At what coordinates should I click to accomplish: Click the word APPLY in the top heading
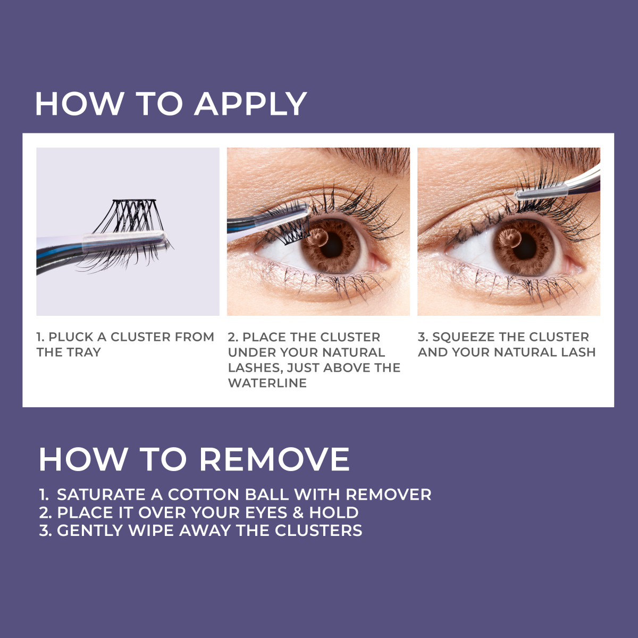[250, 104]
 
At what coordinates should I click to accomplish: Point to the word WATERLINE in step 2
[267, 383]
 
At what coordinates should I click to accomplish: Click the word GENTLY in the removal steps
[89, 530]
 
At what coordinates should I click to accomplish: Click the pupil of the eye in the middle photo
[332, 245]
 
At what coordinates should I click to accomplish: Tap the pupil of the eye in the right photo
[526, 245]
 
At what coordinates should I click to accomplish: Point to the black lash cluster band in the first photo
[134, 200]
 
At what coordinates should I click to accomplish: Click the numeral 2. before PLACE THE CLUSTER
[233, 337]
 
